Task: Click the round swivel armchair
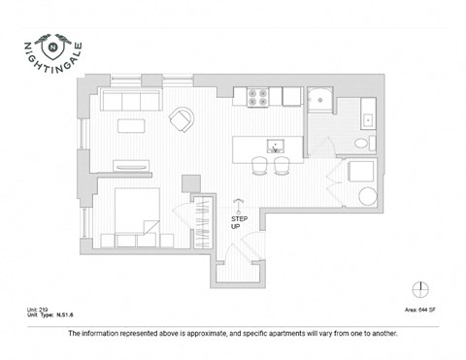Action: (181, 119)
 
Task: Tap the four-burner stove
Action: (259, 96)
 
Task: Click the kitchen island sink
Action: (275, 147)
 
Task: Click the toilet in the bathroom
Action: (362, 144)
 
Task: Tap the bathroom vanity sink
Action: (367, 120)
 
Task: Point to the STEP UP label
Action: (239, 222)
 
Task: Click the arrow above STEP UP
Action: (239, 205)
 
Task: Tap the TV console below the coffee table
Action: (131, 165)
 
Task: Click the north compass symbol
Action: (420, 288)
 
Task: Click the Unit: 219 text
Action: (39, 310)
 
